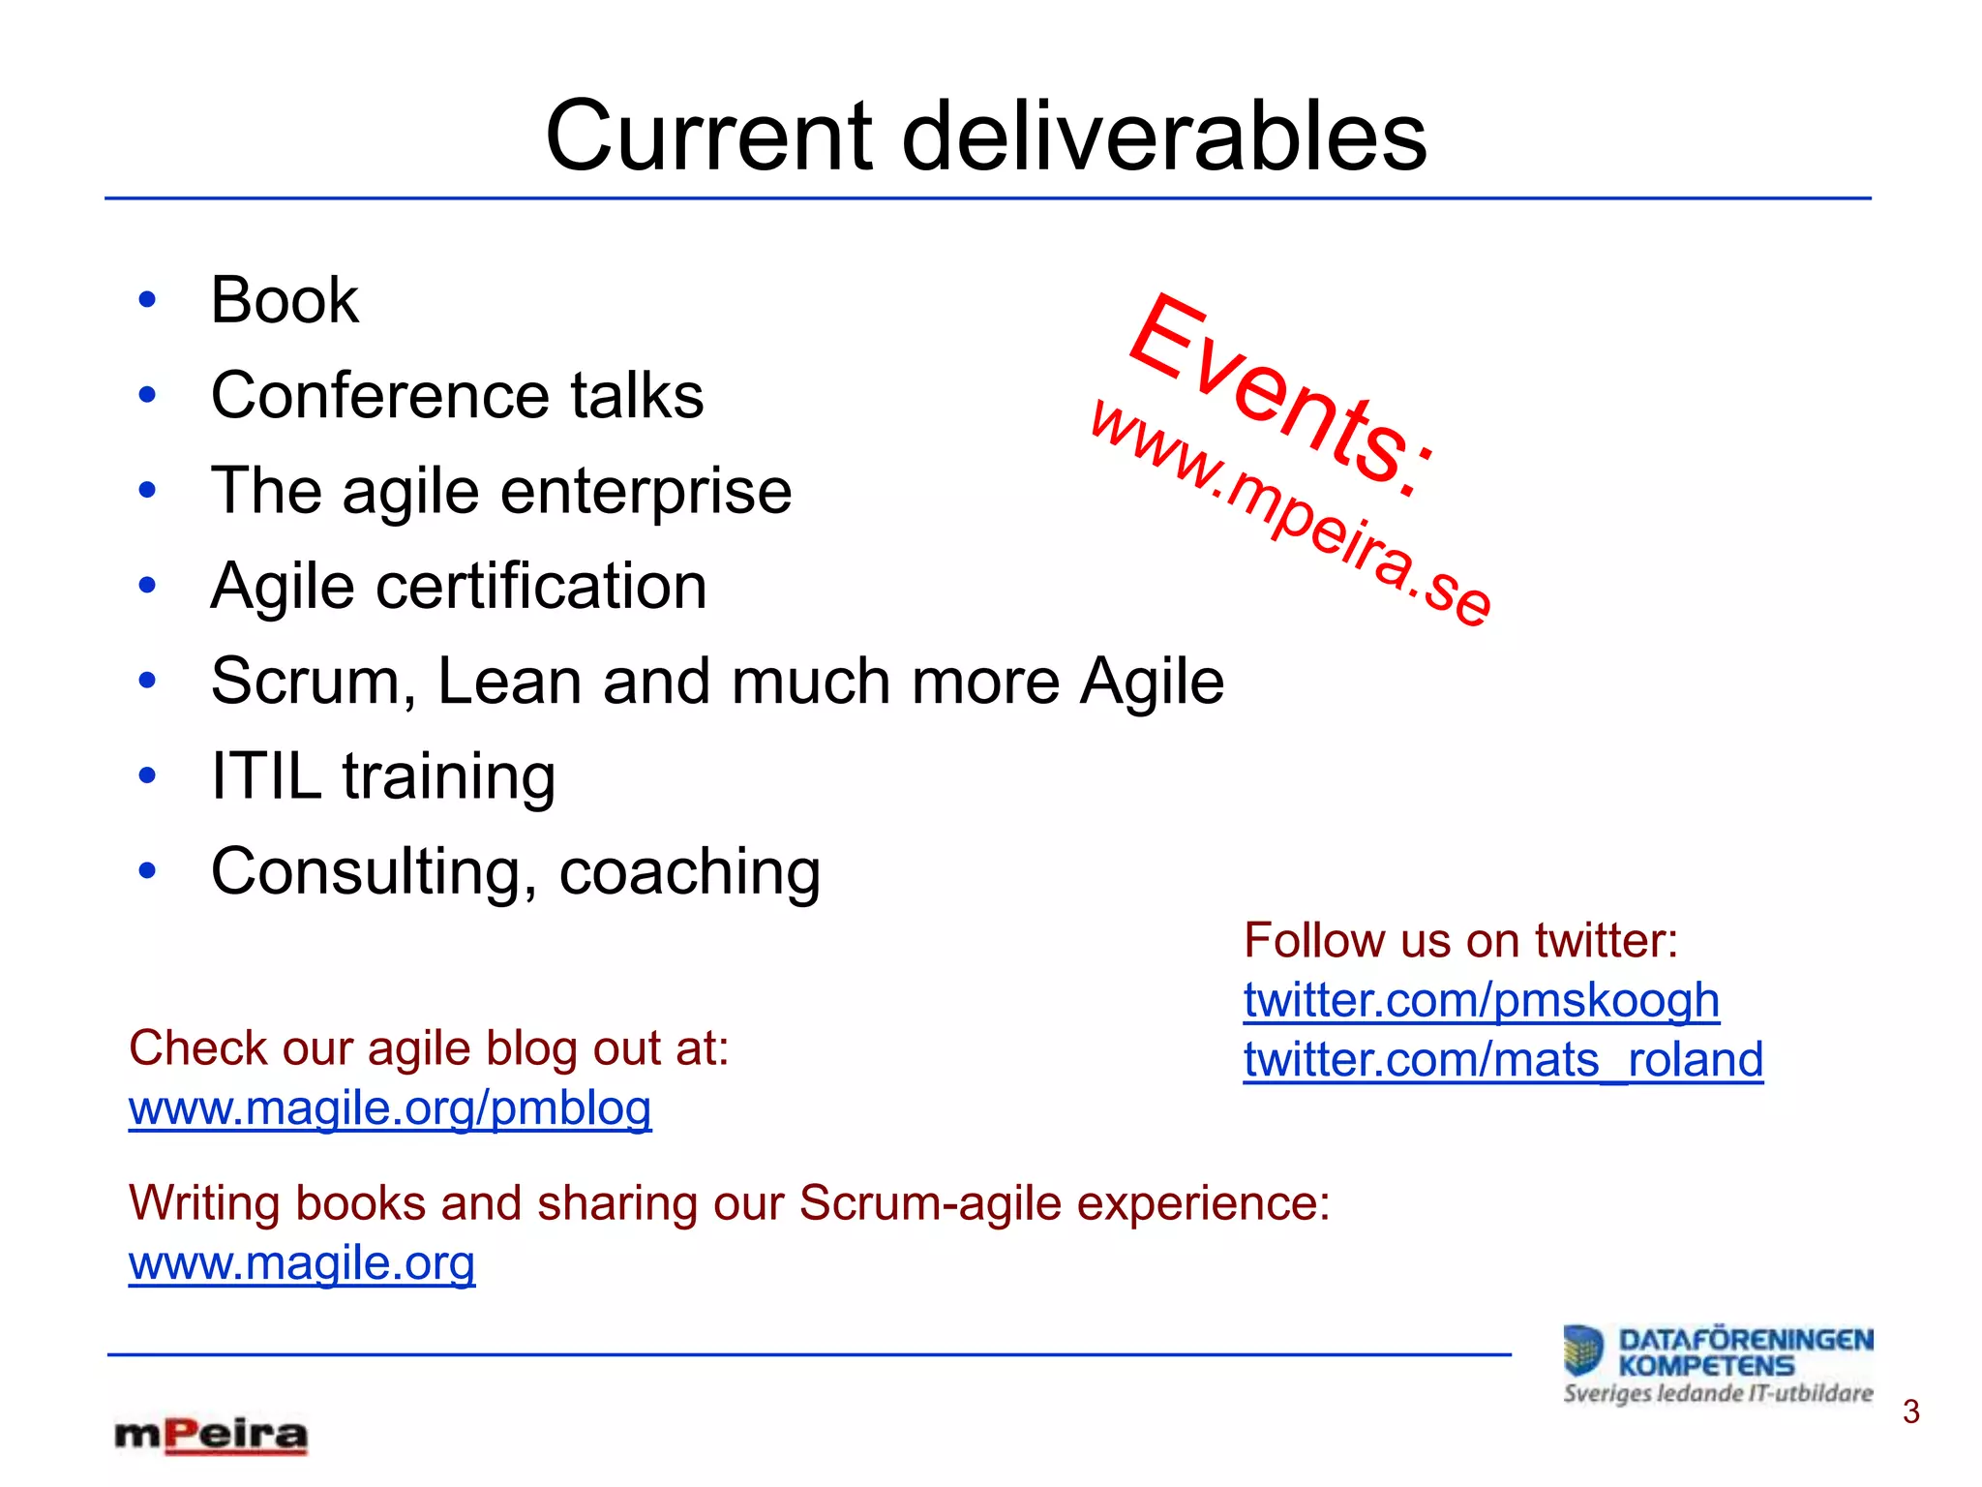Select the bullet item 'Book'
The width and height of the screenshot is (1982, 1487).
point(285,300)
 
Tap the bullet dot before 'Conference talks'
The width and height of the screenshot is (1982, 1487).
point(147,395)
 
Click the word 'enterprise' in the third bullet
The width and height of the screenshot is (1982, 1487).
point(646,491)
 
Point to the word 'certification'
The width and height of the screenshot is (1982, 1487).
point(541,586)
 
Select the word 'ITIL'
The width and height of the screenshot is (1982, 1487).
point(266,776)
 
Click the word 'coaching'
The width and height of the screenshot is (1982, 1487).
point(689,871)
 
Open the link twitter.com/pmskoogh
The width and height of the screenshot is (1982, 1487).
point(1481,1001)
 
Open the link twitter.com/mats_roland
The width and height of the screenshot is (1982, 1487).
point(1503,1060)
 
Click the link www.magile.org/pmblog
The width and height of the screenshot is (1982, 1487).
point(390,1108)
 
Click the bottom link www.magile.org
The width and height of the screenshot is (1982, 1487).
point(302,1263)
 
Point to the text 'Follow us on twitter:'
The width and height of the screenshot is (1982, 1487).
point(1460,941)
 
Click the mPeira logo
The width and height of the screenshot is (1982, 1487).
point(211,1436)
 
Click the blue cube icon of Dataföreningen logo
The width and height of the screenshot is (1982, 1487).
point(1583,1351)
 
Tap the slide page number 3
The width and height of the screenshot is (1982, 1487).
point(1910,1412)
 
